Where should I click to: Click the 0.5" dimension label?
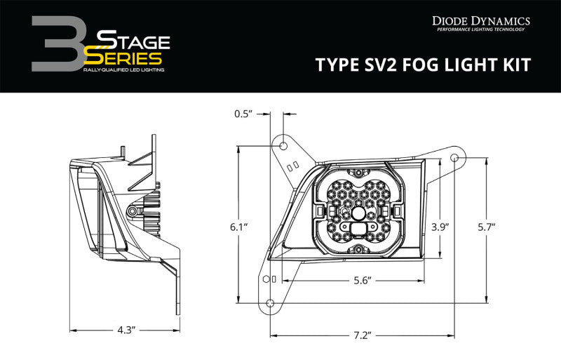243,113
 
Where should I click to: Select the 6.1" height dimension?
238,227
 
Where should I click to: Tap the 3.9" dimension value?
439,227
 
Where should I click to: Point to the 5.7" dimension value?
485,227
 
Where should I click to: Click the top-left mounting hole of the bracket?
283,146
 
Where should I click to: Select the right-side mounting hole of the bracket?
454,156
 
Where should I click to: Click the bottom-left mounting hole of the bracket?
270,302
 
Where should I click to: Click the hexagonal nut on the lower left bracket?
265,279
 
